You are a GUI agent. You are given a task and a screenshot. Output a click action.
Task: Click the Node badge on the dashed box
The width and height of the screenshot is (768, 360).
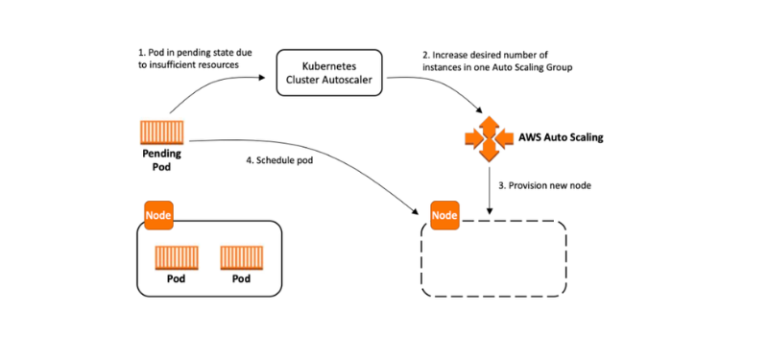tap(444, 215)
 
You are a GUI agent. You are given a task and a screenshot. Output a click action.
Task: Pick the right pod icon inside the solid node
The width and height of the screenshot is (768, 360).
tap(241, 259)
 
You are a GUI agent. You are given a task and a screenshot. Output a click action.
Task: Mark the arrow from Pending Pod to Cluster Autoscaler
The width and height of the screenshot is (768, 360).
tap(215, 95)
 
